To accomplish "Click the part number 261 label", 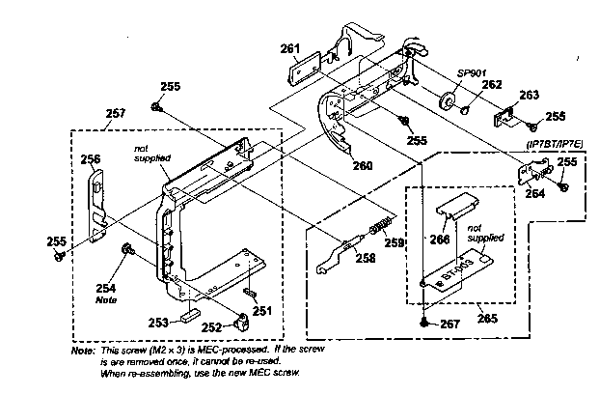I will [x=290, y=49].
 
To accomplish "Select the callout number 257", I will [x=116, y=113].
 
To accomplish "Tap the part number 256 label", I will [x=90, y=159].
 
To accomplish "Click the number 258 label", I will [x=364, y=259].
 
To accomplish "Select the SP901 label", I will [x=470, y=73].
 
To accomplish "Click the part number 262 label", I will [x=492, y=85].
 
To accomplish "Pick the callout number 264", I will [x=533, y=193].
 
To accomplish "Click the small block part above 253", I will [x=186, y=314].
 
